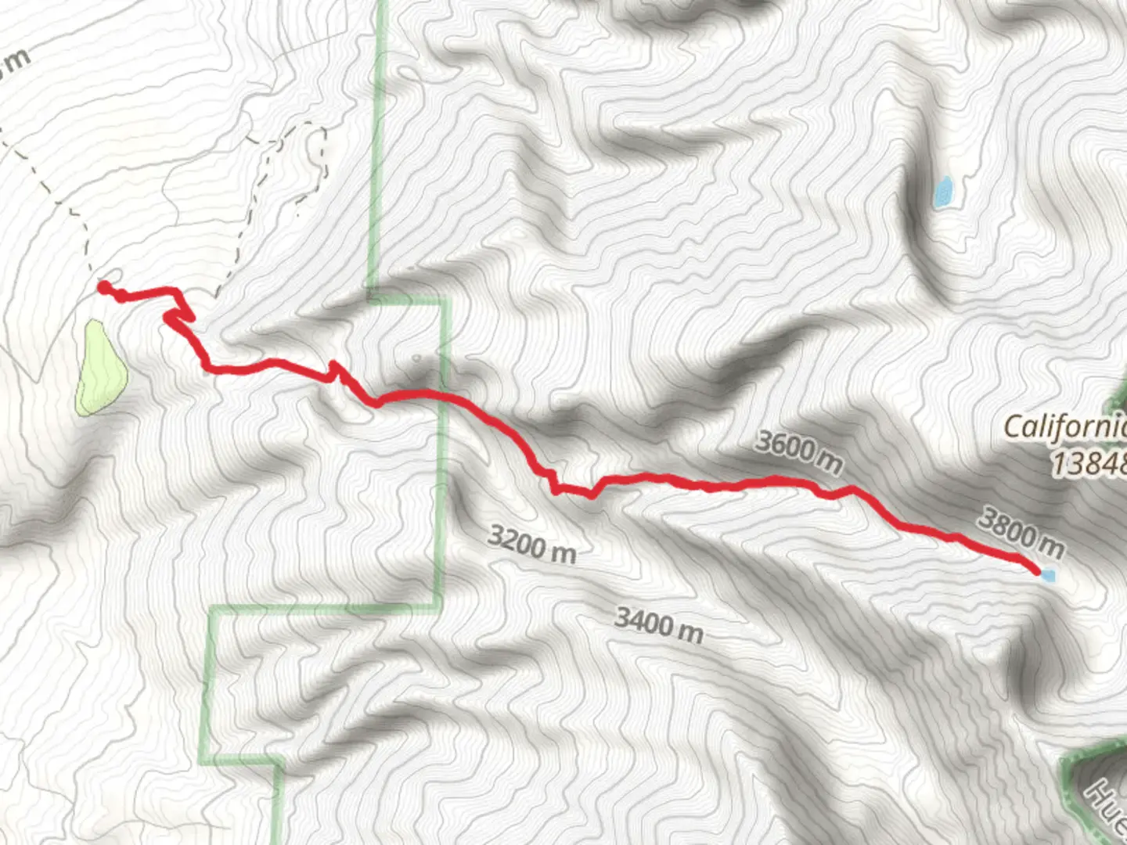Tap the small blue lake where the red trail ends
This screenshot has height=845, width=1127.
point(1048,576)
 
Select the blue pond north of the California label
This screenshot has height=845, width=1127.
point(943,192)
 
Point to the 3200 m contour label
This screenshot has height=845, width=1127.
point(531,545)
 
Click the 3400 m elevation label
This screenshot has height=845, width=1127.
point(658,624)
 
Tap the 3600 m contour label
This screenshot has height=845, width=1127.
point(798,451)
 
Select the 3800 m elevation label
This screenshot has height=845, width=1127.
point(1022,532)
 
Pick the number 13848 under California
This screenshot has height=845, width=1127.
point(1088,464)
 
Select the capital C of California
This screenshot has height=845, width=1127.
point(1013,427)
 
